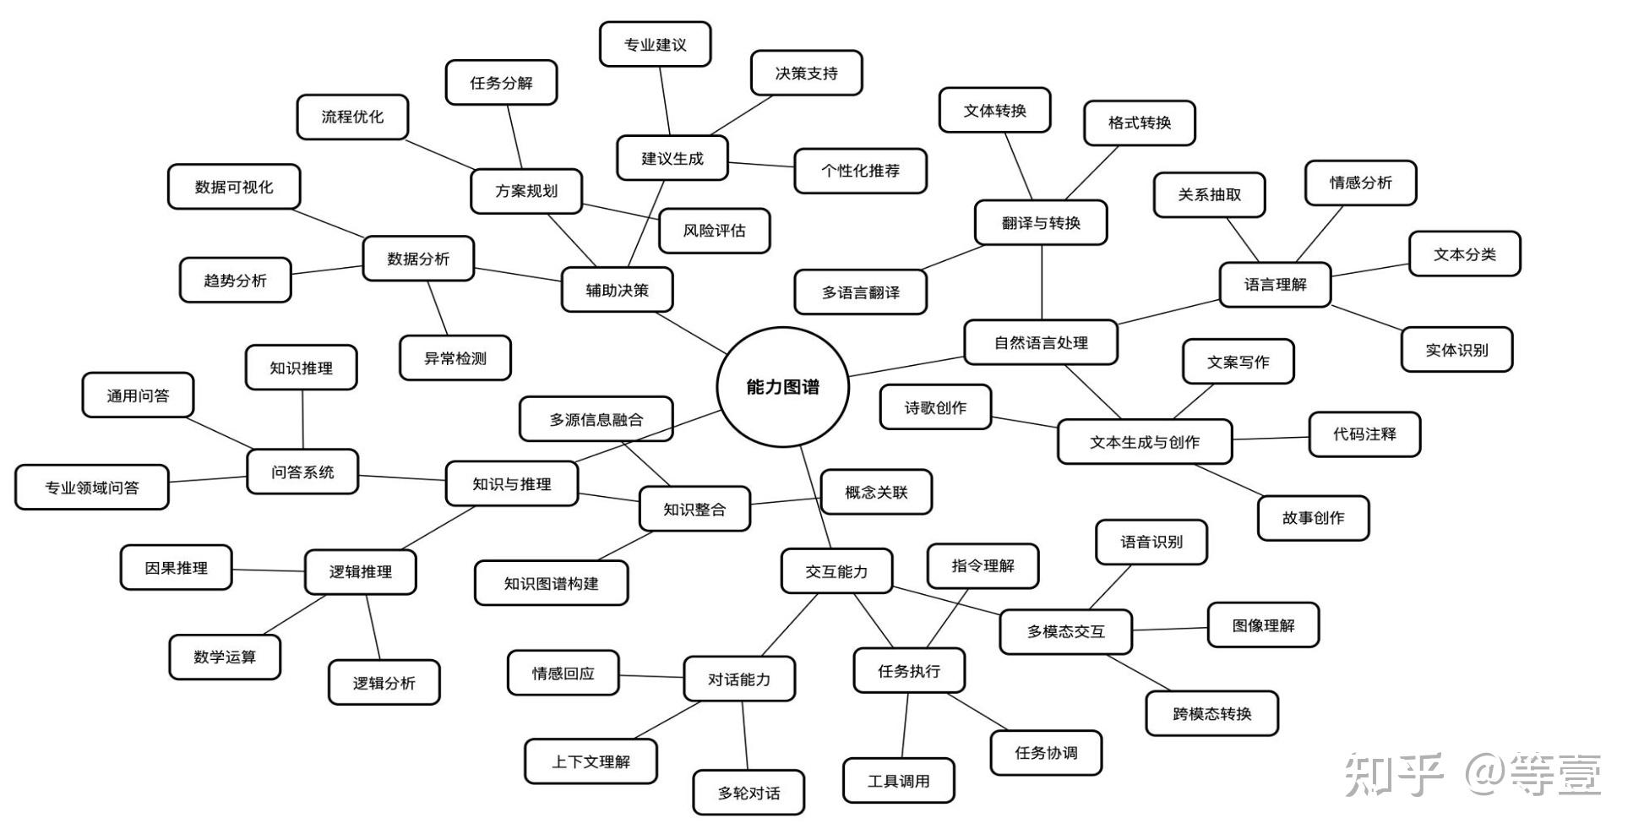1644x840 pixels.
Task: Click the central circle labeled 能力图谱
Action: pyautogui.click(x=782, y=387)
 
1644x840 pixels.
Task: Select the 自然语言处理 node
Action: pyautogui.click(x=1041, y=342)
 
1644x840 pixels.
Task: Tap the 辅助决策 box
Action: pyautogui.click(x=617, y=290)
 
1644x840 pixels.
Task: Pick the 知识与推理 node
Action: pyautogui.click(x=511, y=484)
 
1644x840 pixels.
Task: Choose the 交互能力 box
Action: pyautogui.click(x=836, y=571)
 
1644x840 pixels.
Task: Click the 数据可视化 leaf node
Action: pyautogui.click(x=234, y=187)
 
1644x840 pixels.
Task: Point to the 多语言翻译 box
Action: pyautogui.click(x=860, y=292)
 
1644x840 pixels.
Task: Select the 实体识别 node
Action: pyautogui.click(x=1456, y=350)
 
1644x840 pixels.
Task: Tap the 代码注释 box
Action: pyautogui.click(x=1364, y=434)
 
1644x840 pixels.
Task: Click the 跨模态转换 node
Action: pyautogui.click(x=1211, y=714)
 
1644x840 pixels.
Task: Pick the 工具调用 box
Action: pyautogui.click(x=898, y=781)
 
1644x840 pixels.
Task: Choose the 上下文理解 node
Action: pyautogui.click(x=591, y=761)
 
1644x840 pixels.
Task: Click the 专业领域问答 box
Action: pyautogui.click(x=92, y=488)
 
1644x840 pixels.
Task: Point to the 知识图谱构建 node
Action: pyautogui.click(x=551, y=583)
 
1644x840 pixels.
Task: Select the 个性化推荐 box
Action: pyautogui.click(x=860, y=171)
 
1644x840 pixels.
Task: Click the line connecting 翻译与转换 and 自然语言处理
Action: pyautogui.click(x=1042, y=282)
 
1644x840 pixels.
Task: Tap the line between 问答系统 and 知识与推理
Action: pyautogui.click(x=401, y=477)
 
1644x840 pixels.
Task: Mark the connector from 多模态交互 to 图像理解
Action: pyautogui.click(x=1170, y=629)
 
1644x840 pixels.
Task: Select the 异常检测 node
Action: pyautogui.click(x=455, y=358)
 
